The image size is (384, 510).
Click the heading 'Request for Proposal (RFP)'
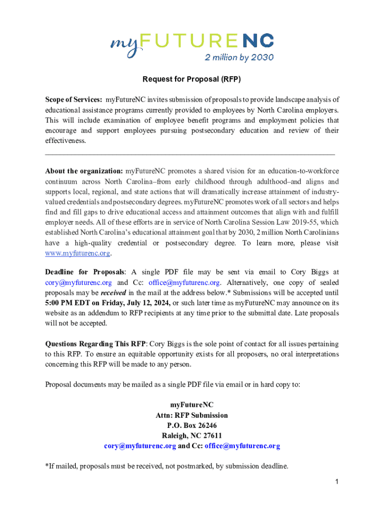[192, 79]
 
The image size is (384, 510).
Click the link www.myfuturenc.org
[77, 253]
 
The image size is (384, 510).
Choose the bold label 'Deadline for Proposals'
[84, 272]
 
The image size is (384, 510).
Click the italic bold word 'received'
[113, 292]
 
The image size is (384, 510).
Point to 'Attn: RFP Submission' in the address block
[192, 415]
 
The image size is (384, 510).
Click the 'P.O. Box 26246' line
[192, 425]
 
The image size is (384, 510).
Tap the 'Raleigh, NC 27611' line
[192, 436]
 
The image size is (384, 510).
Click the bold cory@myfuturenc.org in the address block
[140, 446]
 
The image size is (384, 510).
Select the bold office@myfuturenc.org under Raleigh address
[242, 446]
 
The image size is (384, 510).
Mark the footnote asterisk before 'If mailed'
[47, 466]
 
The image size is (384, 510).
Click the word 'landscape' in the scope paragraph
[291, 100]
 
